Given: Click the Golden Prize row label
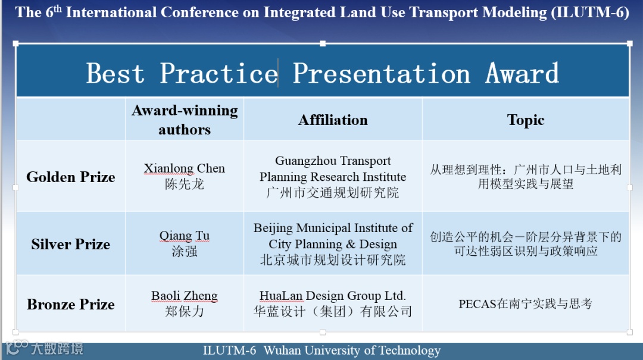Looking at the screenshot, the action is [x=70, y=177].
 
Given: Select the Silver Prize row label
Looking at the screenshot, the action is [x=70, y=244].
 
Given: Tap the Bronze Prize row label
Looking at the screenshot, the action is [x=70, y=304].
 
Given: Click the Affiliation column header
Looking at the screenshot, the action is [x=333, y=120].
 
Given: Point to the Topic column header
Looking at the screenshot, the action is [x=525, y=120].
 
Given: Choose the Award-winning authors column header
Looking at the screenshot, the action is [x=185, y=120].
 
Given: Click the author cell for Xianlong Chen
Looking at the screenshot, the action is [x=185, y=176].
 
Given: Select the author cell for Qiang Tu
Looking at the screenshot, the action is [x=185, y=243].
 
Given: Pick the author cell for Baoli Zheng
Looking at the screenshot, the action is [x=185, y=303].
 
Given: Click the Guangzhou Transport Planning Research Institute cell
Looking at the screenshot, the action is [x=333, y=176].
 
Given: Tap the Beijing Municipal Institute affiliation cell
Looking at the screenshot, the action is [x=333, y=243].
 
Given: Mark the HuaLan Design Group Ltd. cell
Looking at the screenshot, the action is [x=333, y=303].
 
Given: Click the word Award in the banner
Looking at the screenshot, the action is [x=522, y=73].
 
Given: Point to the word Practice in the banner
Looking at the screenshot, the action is [x=219, y=73].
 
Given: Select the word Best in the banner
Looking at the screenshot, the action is [x=116, y=73].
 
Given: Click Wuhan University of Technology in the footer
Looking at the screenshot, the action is [x=352, y=350].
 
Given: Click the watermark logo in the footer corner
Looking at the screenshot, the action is [x=44, y=348].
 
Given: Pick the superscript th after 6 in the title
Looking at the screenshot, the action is [x=58, y=8].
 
